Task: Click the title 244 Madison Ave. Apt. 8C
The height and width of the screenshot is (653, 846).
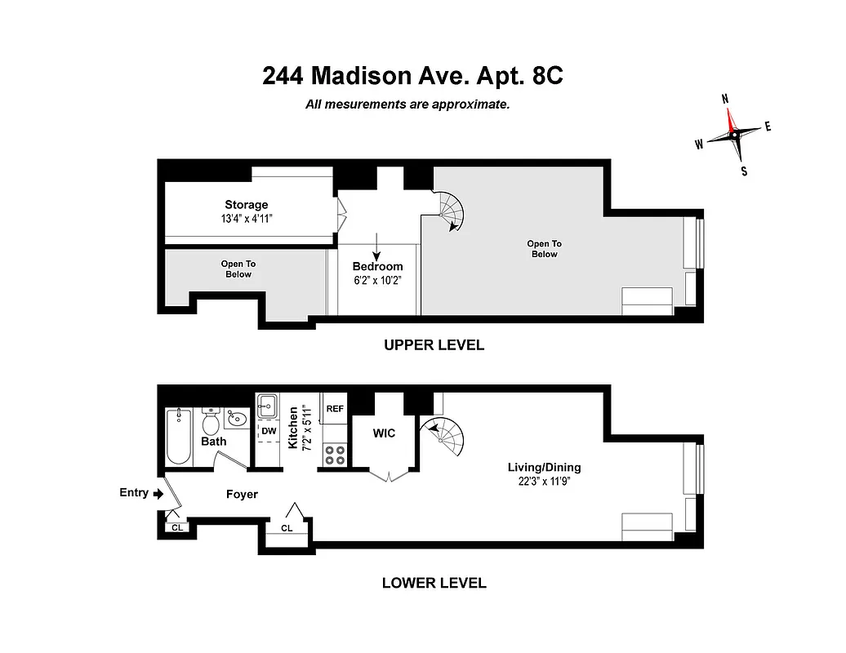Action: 412,76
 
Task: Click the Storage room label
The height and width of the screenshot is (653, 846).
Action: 246,205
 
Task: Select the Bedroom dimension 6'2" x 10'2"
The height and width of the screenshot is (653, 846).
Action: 377,279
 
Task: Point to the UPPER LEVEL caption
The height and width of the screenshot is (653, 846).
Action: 434,345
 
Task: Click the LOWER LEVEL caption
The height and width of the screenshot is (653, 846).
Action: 434,583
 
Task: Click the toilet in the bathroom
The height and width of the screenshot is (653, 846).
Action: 211,421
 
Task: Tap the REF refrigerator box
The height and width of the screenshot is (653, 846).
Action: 335,408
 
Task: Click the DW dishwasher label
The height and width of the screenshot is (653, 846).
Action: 269,430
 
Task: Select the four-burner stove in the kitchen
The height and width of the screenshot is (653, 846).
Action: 334,455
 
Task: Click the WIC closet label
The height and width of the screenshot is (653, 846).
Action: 384,433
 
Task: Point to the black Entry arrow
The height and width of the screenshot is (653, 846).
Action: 158,493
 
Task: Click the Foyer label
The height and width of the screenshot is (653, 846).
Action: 242,494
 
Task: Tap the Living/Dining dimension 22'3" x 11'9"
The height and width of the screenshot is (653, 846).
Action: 544,481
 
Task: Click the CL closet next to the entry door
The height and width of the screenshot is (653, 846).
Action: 176,527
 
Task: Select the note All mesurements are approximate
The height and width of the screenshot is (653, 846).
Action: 407,104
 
